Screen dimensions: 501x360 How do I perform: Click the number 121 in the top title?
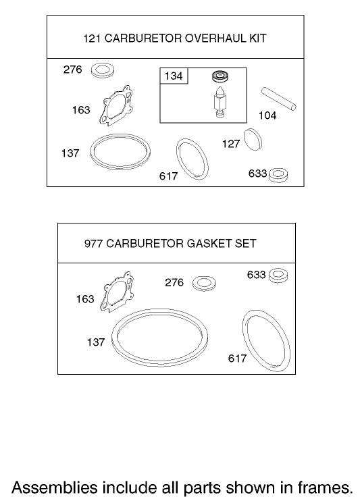point(91,38)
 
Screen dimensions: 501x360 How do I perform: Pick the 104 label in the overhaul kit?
point(267,115)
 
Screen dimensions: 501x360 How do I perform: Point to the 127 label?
point(231,144)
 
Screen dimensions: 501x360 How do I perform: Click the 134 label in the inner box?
point(174,76)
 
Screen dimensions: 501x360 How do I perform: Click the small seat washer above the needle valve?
point(219,76)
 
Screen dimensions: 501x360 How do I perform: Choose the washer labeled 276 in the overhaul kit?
point(103,70)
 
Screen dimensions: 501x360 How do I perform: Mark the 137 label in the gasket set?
point(96,342)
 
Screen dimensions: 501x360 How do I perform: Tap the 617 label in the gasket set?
point(237,359)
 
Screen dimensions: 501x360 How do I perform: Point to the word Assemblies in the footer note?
point(55,486)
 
